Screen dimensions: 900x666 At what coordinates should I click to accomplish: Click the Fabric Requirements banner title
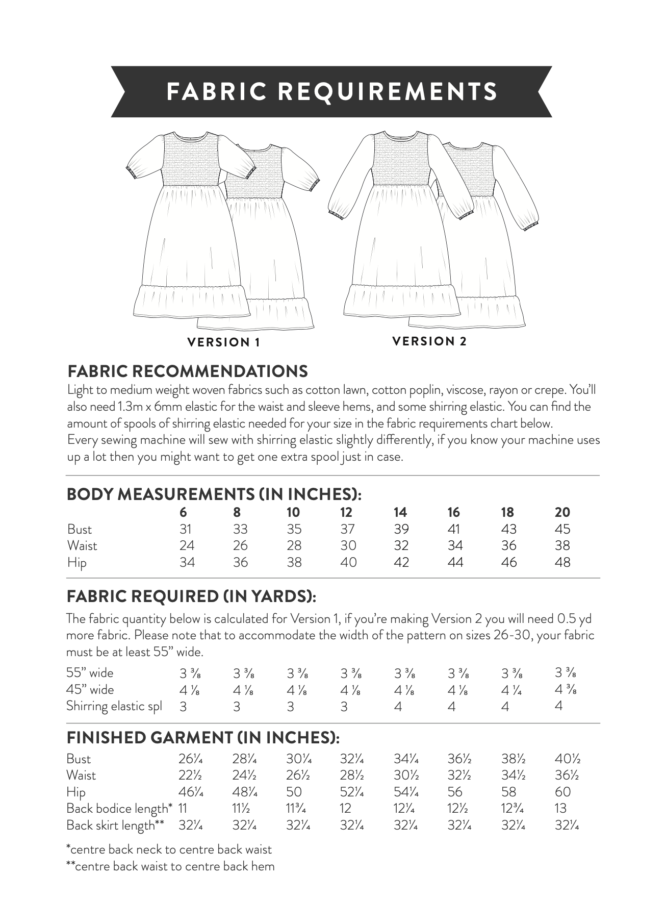(x=332, y=91)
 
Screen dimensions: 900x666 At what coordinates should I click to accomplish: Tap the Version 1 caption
(x=224, y=342)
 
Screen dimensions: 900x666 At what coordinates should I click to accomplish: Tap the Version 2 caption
(x=429, y=341)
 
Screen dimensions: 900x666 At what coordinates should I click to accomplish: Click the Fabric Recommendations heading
(x=187, y=371)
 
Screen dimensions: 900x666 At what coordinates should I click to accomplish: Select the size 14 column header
(x=400, y=512)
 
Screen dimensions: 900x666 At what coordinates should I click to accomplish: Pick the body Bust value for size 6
(x=185, y=529)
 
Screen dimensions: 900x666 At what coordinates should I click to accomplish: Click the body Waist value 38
(x=562, y=545)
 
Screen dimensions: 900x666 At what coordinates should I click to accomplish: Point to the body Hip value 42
(x=401, y=562)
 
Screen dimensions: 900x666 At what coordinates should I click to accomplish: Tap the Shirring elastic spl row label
(x=114, y=707)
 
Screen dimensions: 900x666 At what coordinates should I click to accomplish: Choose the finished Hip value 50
(x=294, y=792)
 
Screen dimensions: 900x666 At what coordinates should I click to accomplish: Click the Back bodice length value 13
(x=560, y=809)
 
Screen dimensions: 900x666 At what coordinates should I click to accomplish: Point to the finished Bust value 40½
(x=567, y=759)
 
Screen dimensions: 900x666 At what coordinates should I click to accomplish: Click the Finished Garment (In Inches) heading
(x=203, y=738)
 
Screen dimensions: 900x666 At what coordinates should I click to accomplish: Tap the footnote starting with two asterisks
(x=170, y=866)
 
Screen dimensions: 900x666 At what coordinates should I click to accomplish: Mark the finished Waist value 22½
(x=190, y=776)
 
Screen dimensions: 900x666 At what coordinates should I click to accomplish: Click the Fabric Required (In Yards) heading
(x=191, y=596)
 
